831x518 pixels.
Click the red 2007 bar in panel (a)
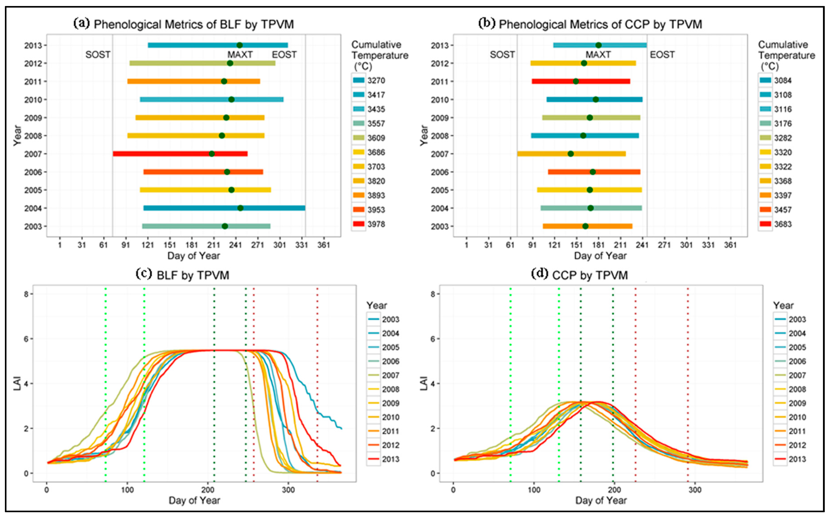click(161, 154)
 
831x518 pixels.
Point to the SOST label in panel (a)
click(98, 55)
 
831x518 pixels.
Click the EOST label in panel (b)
click(662, 55)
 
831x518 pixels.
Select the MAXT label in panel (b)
click(598, 55)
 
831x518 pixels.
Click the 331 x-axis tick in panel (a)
click(301, 245)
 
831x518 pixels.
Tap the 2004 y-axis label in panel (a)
click(33, 208)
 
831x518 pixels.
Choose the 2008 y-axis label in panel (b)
click(440, 136)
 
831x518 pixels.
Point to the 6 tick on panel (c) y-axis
click(26, 339)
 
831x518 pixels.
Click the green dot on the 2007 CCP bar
click(570, 154)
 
